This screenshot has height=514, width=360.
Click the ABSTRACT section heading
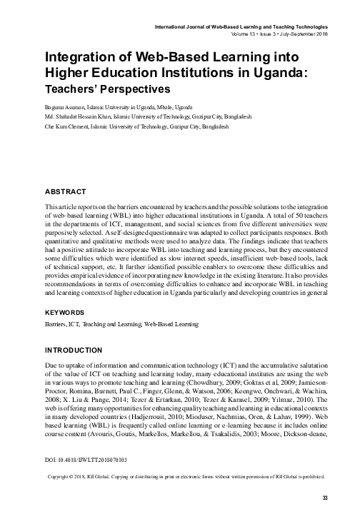[65, 191]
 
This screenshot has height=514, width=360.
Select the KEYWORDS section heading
[66, 313]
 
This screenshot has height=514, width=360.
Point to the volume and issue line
[283, 34]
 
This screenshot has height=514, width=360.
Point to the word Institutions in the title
[199, 74]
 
